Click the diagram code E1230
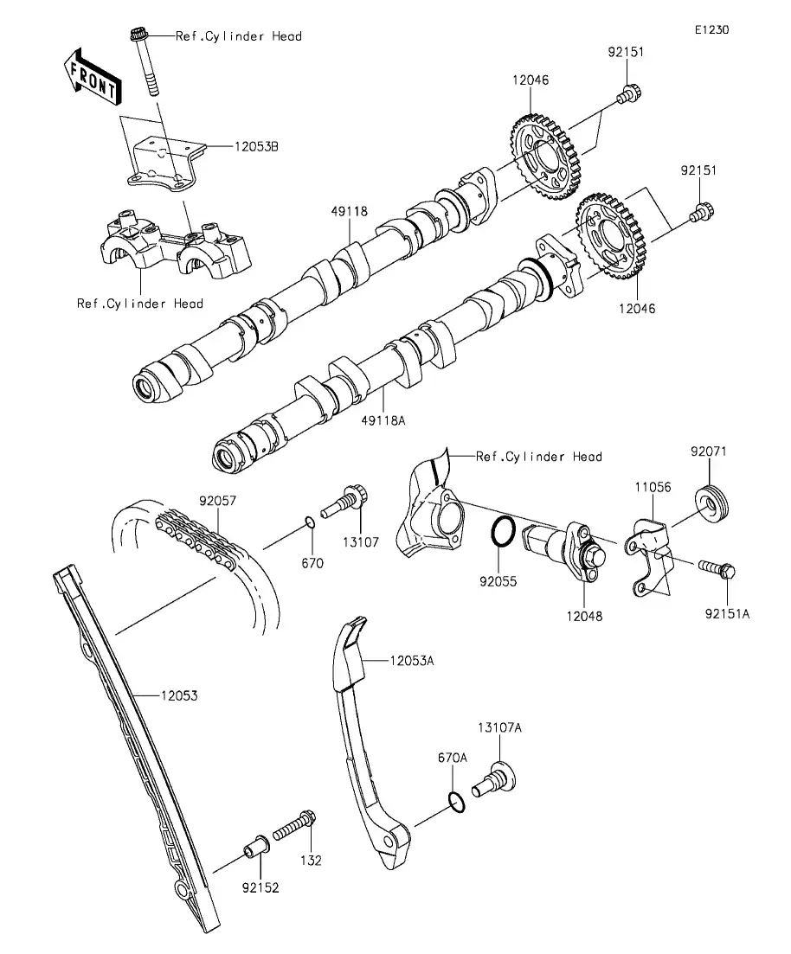click(711, 29)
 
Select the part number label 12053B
click(255, 146)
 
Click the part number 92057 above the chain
click(218, 500)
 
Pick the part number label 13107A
click(499, 727)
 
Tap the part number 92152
click(260, 887)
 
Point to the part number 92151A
click(726, 612)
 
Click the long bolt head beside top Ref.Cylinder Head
click(138, 36)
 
